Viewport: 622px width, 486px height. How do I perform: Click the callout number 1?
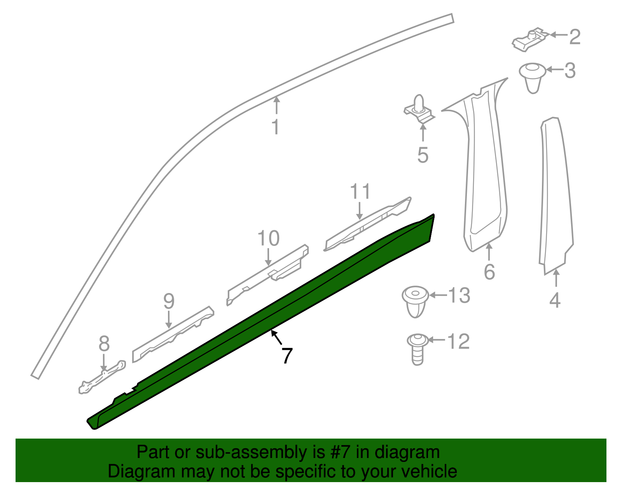click(275, 127)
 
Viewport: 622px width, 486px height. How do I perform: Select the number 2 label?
click(575, 37)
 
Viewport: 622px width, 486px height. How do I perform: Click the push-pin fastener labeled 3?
click(533, 77)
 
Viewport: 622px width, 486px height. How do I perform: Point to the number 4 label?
click(555, 300)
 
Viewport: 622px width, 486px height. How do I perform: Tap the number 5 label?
click(423, 154)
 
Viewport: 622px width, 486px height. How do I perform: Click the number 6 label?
click(489, 271)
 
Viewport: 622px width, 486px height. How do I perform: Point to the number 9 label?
click(169, 301)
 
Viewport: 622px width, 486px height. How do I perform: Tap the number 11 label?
click(360, 192)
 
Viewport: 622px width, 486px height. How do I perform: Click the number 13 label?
click(459, 295)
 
